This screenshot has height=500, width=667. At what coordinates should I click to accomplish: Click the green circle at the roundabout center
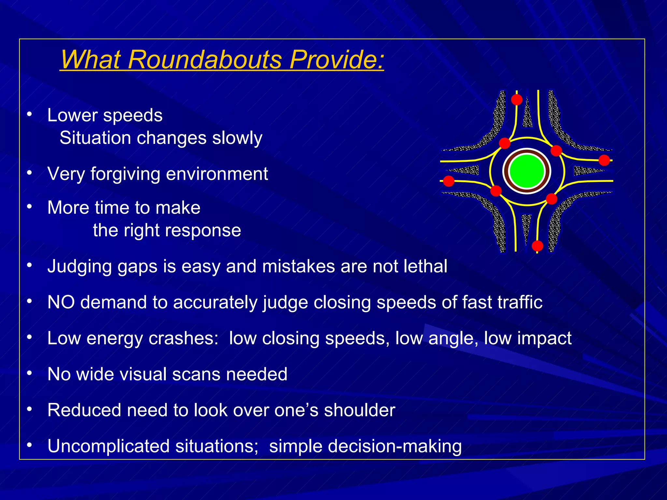point(527,171)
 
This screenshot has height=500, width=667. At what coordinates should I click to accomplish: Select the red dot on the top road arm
point(517,100)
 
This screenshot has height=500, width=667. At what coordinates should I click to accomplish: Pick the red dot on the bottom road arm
point(537,246)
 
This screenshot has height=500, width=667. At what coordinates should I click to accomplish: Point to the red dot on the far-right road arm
point(604,160)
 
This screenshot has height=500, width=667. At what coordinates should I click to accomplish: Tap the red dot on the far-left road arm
point(448,181)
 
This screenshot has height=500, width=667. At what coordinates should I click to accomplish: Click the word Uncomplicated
point(108,446)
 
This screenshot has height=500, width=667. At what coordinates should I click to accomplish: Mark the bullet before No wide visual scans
point(30,373)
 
